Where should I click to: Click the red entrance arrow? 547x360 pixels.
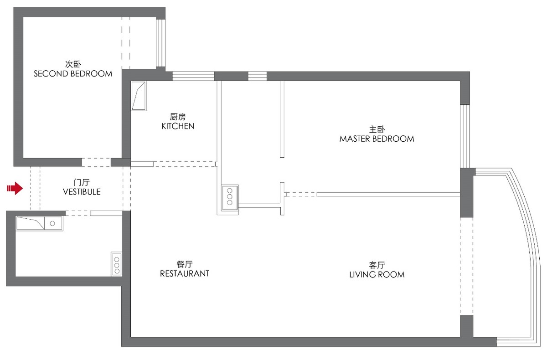[15, 188]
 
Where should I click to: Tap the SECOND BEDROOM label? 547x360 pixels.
[73, 73]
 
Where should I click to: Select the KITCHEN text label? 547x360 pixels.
[178, 126]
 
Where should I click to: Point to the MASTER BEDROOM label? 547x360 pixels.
[377, 139]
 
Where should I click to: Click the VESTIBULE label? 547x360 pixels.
[82, 192]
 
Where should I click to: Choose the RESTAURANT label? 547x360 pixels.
[184, 273]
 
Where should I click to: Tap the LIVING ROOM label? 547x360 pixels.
[377, 274]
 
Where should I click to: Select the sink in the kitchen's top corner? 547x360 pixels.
[139, 96]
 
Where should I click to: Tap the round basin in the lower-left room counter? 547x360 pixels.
[52, 223]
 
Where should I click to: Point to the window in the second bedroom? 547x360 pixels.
[160, 43]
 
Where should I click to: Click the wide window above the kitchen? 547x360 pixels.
[193, 76]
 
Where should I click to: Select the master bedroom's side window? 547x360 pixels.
[464, 136]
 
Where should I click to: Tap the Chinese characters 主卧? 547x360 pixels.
[377, 129]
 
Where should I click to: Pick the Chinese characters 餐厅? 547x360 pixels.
[184, 264]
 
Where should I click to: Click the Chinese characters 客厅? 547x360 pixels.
[377, 265]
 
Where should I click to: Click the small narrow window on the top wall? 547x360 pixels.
[257, 76]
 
